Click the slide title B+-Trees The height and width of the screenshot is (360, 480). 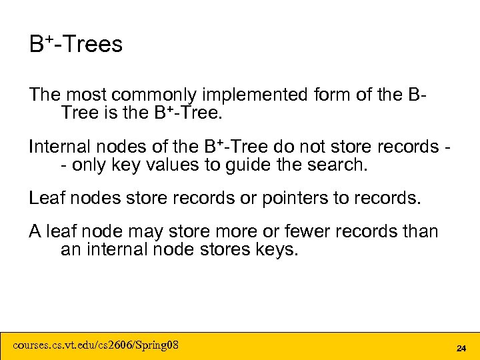click(75, 45)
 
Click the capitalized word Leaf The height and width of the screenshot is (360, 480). click(45, 198)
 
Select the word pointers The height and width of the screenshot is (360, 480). click(281, 198)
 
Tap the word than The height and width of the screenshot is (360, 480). click(421, 232)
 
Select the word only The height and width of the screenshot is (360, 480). click(91, 164)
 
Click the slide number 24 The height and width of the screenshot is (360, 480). click(461, 348)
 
